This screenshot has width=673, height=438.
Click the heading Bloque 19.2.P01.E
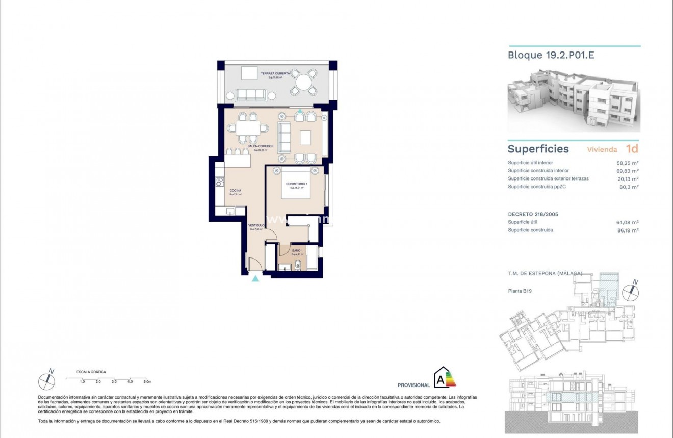tap(551, 55)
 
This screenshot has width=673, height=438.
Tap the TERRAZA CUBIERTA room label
tap(275, 74)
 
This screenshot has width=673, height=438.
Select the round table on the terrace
tap(303, 82)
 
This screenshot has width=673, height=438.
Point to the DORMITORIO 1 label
tap(296, 184)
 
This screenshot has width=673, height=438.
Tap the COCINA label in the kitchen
tap(235, 191)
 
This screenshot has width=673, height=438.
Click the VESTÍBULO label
tap(256, 225)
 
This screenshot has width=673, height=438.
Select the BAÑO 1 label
tap(297, 251)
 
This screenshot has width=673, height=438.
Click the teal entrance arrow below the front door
tap(255, 278)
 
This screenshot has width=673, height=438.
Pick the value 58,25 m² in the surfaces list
tap(628, 163)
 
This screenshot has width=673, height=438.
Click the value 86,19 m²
tap(628, 230)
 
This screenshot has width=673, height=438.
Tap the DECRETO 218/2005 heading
tap(533, 214)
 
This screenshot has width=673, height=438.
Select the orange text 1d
tap(632, 149)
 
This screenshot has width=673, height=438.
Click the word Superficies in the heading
tap(538, 149)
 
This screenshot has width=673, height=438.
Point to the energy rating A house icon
tap(440, 378)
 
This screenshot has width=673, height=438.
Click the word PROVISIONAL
tap(413, 385)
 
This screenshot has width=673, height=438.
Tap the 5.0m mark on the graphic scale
tap(147, 381)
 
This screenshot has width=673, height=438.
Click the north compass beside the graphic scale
tap(47, 380)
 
